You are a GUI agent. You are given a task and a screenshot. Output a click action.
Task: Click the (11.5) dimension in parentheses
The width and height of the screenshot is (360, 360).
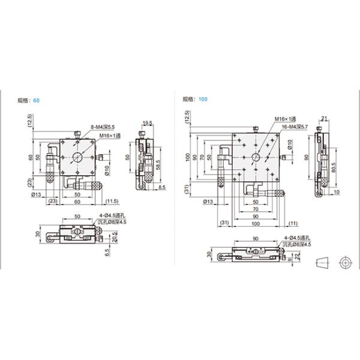pyautogui.click(x=112, y=201)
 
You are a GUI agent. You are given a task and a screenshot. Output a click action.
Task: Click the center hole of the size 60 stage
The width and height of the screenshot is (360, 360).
pyautogui.click(x=78, y=158)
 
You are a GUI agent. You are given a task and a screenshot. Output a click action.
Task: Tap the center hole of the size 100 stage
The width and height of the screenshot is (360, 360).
pyautogui.click(x=256, y=157)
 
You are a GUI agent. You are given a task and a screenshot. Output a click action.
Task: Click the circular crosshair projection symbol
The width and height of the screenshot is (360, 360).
pyautogui.click(x=344, y=262)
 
